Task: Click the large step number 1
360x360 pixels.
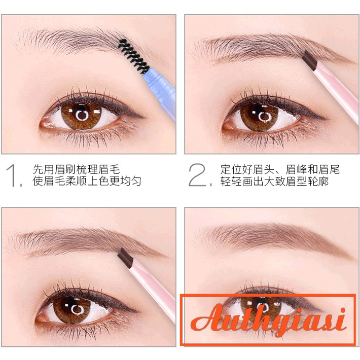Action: tap(15, 175)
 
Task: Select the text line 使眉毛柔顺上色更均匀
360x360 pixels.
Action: tap(87, 181)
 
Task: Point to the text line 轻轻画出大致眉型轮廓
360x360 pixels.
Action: tap(274, 181)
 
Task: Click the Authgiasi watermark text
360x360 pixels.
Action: tap(269, 320)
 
